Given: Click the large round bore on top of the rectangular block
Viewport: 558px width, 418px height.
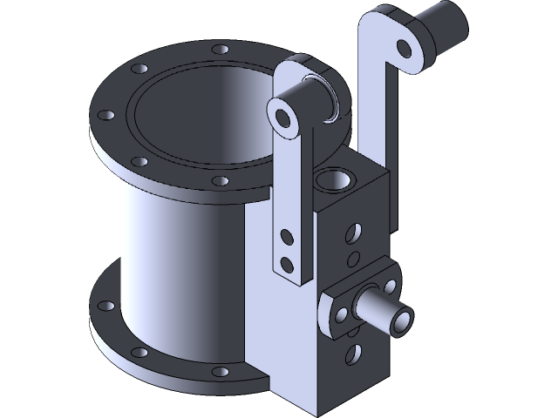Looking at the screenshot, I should click(x=331, y=181).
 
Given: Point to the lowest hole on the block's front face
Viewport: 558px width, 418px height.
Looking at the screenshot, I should click(x=354, y=353).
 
